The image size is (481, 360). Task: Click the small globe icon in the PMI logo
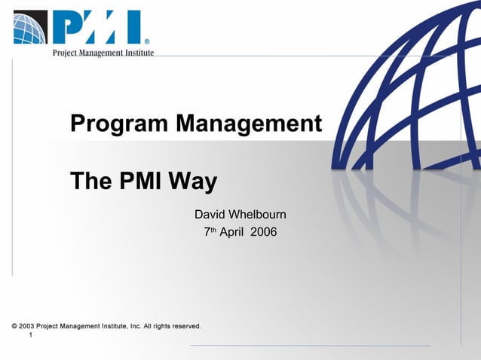click(30, 28)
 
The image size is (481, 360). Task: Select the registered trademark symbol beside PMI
click(146, 41)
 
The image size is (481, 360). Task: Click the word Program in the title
click(120, 124)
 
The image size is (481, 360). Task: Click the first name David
click(210, 215)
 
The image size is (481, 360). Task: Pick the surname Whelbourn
click(258, 215)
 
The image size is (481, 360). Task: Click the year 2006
click(264, 232)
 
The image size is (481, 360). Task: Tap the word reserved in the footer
click(185, 326)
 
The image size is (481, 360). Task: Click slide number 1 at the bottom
click(30, 335)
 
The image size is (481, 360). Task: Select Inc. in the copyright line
click(136, 326)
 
